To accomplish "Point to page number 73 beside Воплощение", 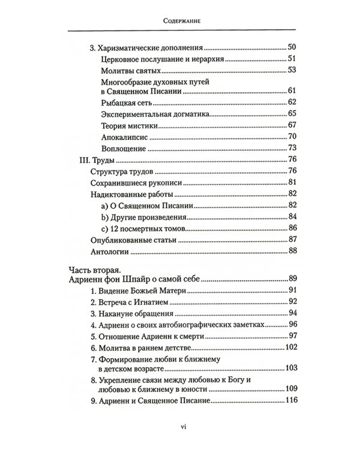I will point(293,148).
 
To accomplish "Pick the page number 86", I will point(293,228).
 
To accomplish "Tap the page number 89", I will point(293,279).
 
